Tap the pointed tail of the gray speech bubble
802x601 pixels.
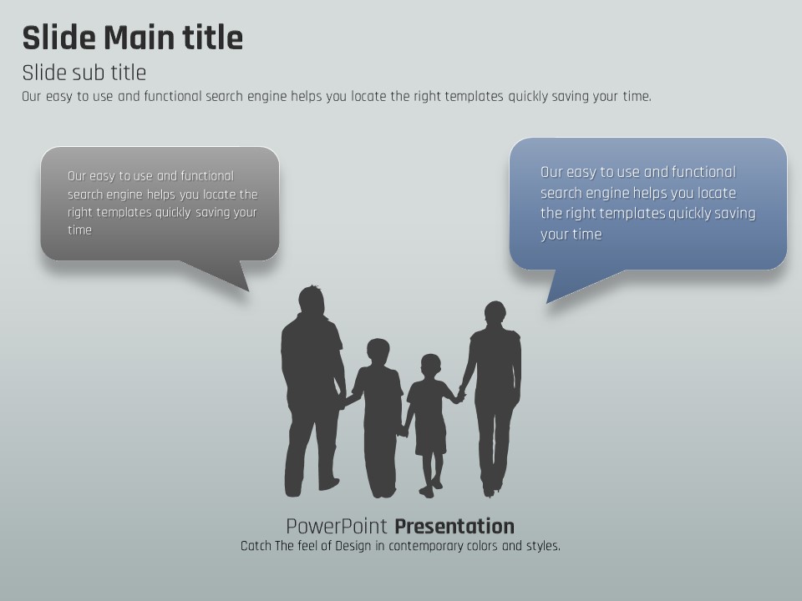[249, 290]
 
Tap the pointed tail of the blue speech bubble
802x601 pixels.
[547, 302]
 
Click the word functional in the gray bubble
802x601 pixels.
[206, 176]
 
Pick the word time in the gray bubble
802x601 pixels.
[80, 230]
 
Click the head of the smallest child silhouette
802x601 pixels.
[431, 366]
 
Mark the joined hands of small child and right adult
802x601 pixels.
[461, 395]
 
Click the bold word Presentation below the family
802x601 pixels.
[454, 526]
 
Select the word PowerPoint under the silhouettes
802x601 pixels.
[337, 526]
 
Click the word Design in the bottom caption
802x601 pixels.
[353, 546]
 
